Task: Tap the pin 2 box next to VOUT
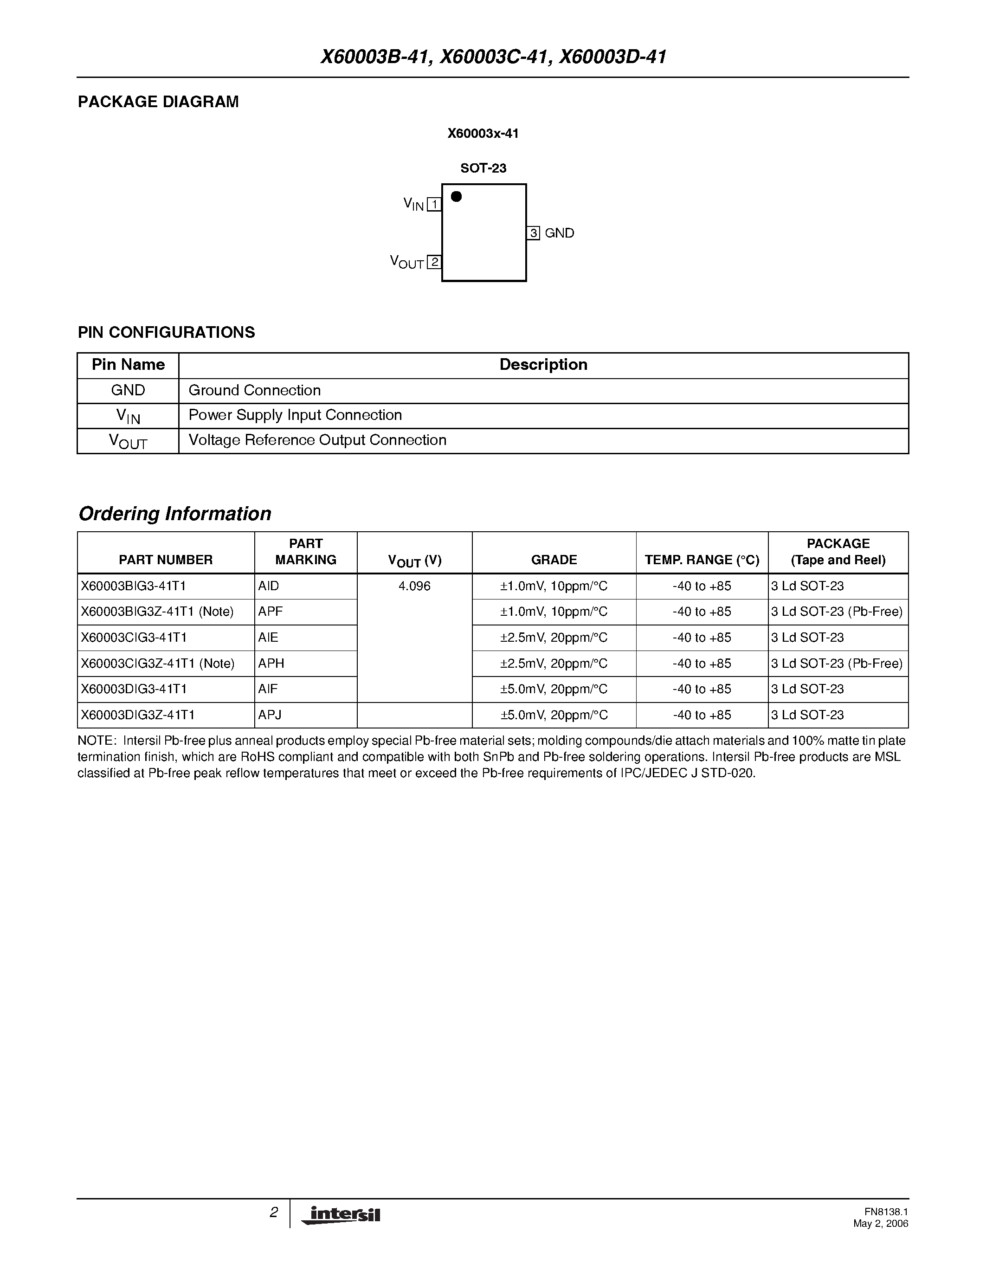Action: [x=434, y=262]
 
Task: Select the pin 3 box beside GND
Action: [x=533, y=233]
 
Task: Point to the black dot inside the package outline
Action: [x=457, y=197]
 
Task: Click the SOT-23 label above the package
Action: [x=483, y=168]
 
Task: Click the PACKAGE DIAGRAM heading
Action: [x=158, y=102]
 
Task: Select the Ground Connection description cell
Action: [x=255, y=390]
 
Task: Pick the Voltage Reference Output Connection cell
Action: [x=317, y=440]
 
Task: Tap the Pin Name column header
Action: [x=128, y=365]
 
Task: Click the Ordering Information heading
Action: [x=174, y=514]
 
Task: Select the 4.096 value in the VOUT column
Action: [x=414, y=586]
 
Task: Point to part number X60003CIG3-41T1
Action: [x=134, y=638]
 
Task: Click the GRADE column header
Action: [x=554, y=560]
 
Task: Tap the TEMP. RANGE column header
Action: [x=702, y=560]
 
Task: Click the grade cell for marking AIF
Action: [x=554, y=689]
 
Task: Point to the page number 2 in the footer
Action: [x=273, y=1212]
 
